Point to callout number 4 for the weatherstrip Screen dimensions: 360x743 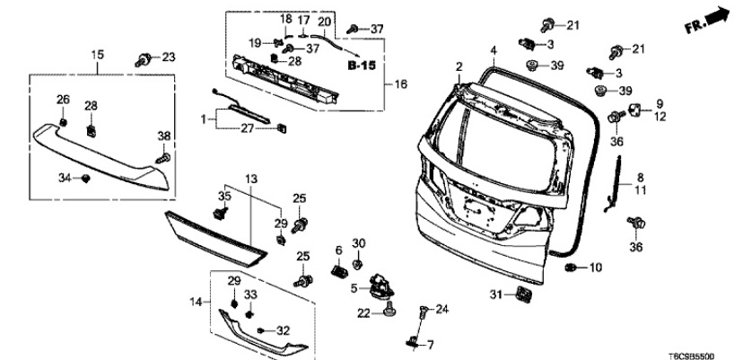493,49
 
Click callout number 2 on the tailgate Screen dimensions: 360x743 459,66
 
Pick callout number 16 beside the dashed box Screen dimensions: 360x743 400,84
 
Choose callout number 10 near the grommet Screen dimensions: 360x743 596,268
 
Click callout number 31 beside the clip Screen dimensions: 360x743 494,294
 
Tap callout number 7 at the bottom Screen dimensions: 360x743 430,345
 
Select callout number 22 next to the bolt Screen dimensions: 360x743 364,313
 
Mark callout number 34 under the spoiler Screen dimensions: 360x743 63,179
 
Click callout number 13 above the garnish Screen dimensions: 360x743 251,180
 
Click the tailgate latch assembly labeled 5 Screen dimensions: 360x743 381,287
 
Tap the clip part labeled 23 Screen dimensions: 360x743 142,61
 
